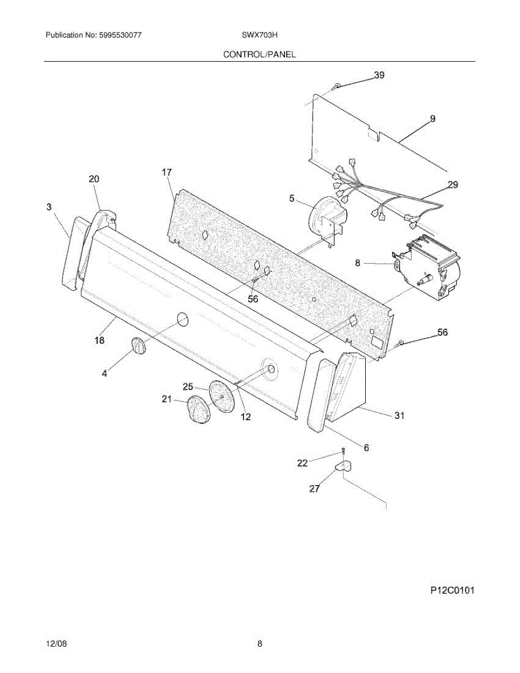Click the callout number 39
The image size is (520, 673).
click(x=379, y=76)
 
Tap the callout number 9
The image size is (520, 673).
click(x=432, y=118)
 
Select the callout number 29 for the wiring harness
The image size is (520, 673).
click(x=452, y=185)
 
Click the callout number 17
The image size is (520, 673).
click(x=167, y=172)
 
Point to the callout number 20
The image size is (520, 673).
click(x=94, y=179)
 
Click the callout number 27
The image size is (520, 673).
click(x=314, y=488)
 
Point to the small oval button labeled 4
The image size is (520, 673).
click(x=138, y=346)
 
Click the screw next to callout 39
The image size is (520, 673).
click(x=335, y=86)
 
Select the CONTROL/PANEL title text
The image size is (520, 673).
click(x=260, y=54)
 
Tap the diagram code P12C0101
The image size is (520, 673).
click(x=453, y=590)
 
